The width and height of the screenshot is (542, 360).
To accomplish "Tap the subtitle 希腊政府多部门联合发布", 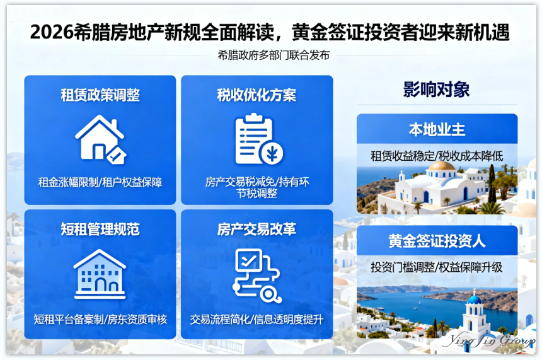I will tap(274, 55).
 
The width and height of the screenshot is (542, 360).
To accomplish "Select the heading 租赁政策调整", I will tap(100, 95).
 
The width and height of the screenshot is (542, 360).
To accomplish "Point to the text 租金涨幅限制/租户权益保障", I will tap(100, 182).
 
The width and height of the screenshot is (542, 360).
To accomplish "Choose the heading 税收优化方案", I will tap(257, 95).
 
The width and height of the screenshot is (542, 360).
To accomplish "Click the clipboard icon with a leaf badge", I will tap(257, 139).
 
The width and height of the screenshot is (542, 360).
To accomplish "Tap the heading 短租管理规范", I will tap(100, 229).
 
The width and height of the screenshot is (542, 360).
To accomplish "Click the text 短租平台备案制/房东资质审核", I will tap(100, 319).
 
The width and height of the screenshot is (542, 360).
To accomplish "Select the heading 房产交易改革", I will tap(257, 229).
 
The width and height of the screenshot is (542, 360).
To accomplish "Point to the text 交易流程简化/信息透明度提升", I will tap(257, 319).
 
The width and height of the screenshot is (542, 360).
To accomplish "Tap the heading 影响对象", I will tap(436, 90).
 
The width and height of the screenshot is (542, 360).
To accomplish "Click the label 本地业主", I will tap(437, 130).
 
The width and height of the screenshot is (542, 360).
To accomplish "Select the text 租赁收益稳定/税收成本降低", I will tap(437, 155).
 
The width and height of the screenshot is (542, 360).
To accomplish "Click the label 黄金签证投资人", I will tap(437, 241).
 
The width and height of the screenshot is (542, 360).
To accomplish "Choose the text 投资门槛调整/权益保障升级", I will tap(437, 267).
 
